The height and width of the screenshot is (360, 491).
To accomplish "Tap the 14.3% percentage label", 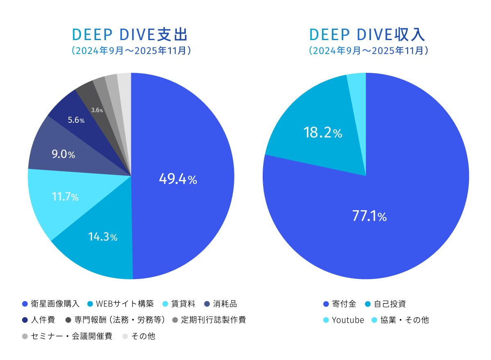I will coord(103,236).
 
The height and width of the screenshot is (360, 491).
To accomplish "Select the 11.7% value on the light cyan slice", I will coord(65,196).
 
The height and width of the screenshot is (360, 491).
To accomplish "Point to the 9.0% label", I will coord(63,155).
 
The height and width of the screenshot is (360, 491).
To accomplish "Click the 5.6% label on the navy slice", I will coord(76,120).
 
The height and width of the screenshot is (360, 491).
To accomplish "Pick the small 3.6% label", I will coord(97,110).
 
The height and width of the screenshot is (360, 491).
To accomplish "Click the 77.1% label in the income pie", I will coord(369,216).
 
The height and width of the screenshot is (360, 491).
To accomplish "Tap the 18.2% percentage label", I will coord(322,133).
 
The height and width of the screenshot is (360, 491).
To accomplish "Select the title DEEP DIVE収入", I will coord(367,35).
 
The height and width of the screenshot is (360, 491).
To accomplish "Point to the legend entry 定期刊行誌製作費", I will coord(209,320).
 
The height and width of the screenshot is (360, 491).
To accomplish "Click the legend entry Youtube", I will coord(343,320).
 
